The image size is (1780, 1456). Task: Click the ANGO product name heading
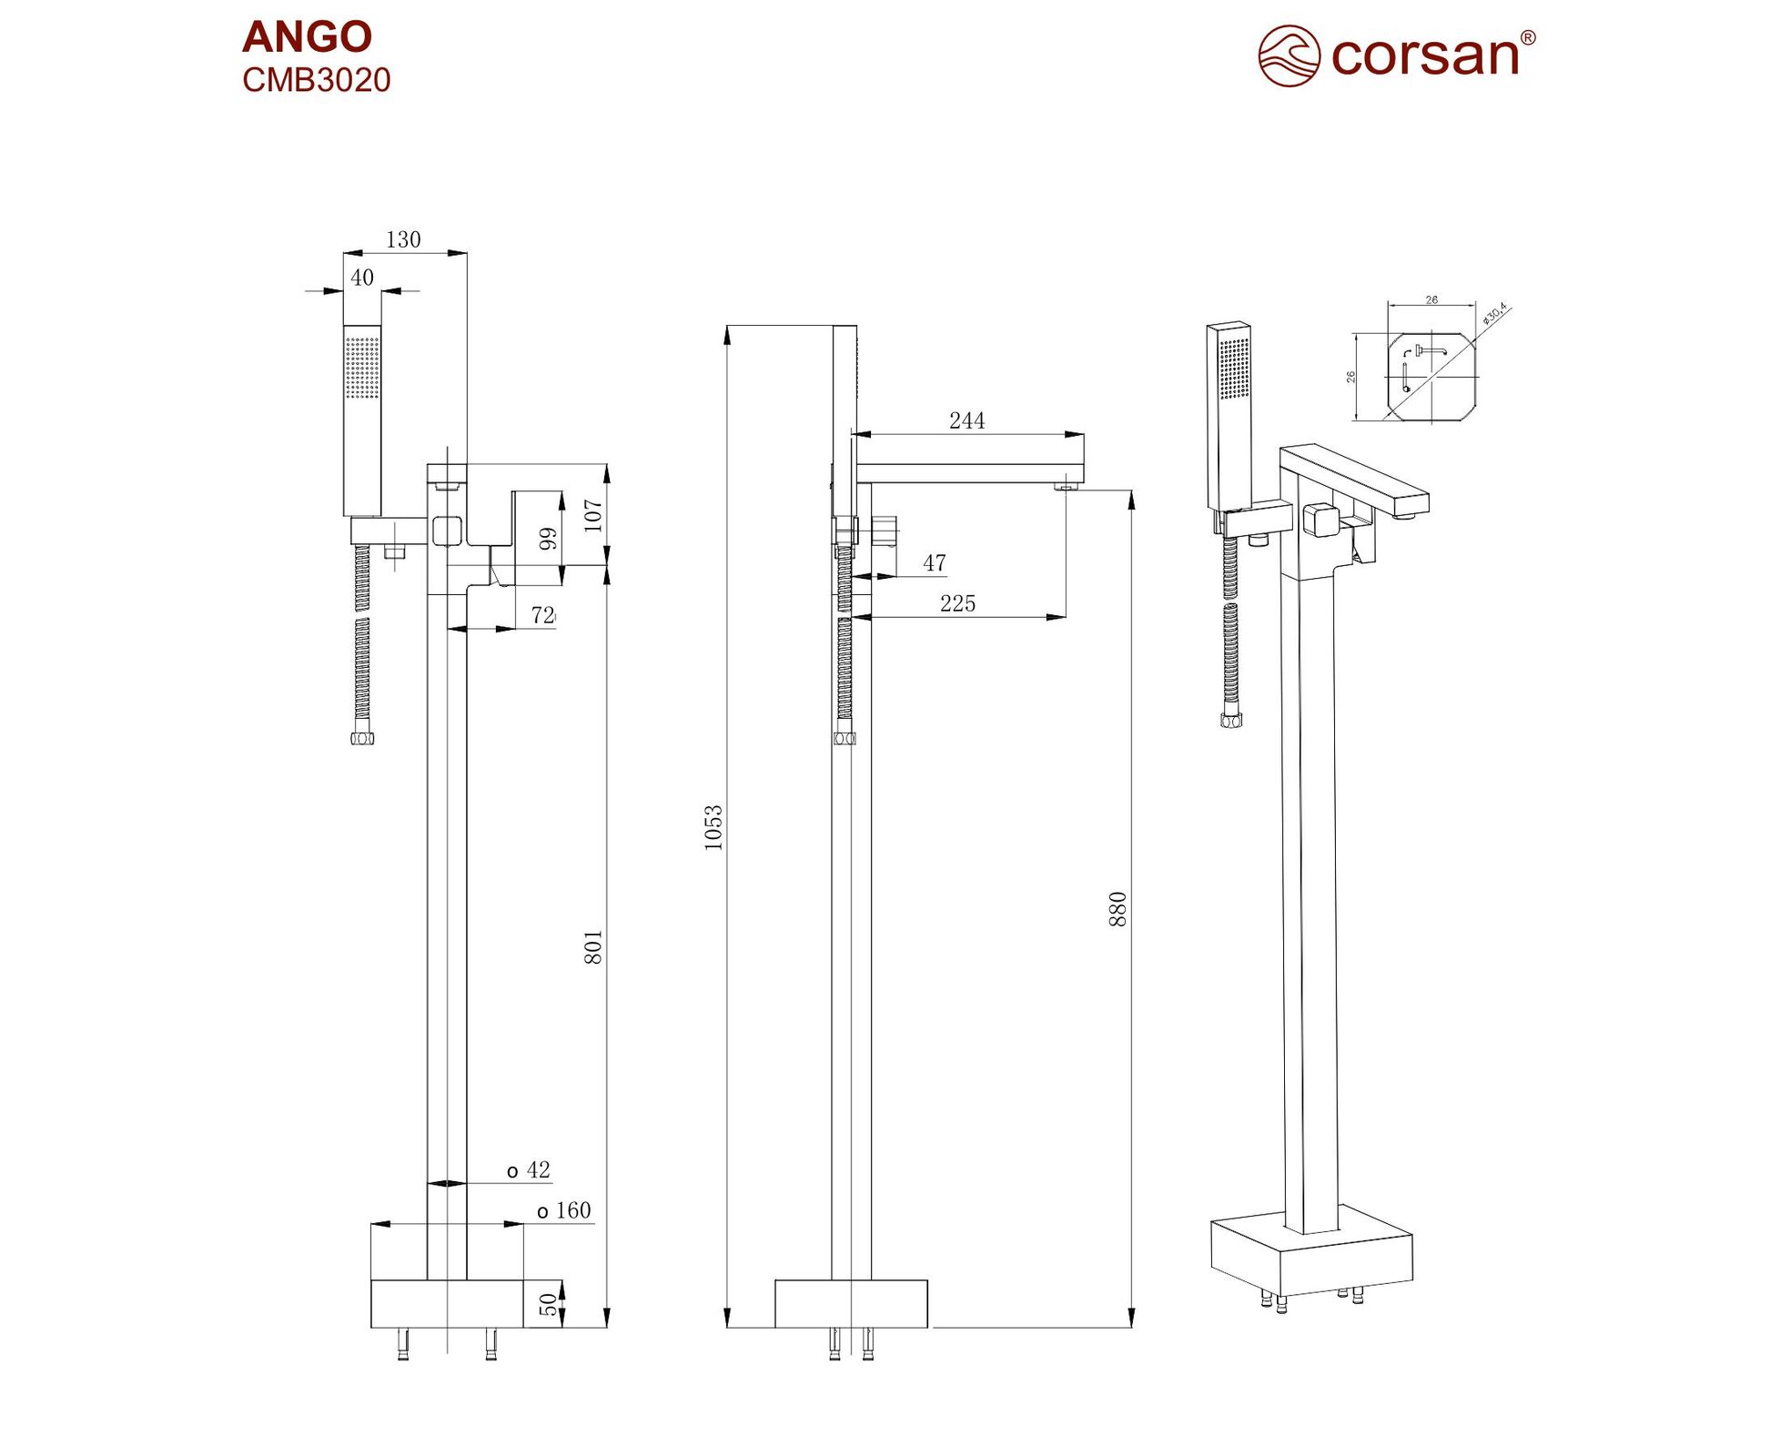pos(307,37)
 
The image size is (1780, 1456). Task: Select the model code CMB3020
pos(316,80)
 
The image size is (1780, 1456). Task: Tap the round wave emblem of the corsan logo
pos(1289,56)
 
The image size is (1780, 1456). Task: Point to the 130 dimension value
pos(403,239)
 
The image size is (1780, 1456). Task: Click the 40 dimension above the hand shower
pos(362,278)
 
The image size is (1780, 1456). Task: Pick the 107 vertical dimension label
pos(593,515)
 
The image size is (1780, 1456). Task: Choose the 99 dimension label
pos(548,539)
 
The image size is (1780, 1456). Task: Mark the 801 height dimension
pos(593,947)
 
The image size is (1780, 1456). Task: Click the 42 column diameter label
pos(529,1170)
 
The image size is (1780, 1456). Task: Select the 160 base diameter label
pos(564,1211)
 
